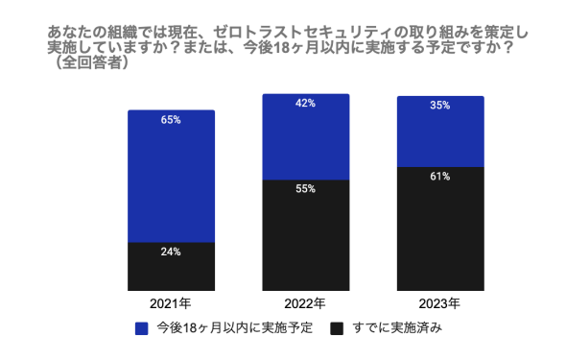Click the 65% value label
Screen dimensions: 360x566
click(x=172, y=120)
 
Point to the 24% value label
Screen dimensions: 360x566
click(x=172, y=252)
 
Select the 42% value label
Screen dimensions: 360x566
click(x=306, y=104)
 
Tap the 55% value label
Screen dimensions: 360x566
click(x=306, y=189)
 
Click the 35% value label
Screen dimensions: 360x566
click(x=440, y=106)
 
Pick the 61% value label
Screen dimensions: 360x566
click(x=440, y=176)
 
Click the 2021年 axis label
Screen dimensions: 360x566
click(x=172, y=303)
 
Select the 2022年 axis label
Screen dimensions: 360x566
click(x=306, y=303)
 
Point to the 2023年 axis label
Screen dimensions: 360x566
click(x=440, y=303)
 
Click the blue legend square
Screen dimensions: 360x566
click(x=143, y=328)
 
